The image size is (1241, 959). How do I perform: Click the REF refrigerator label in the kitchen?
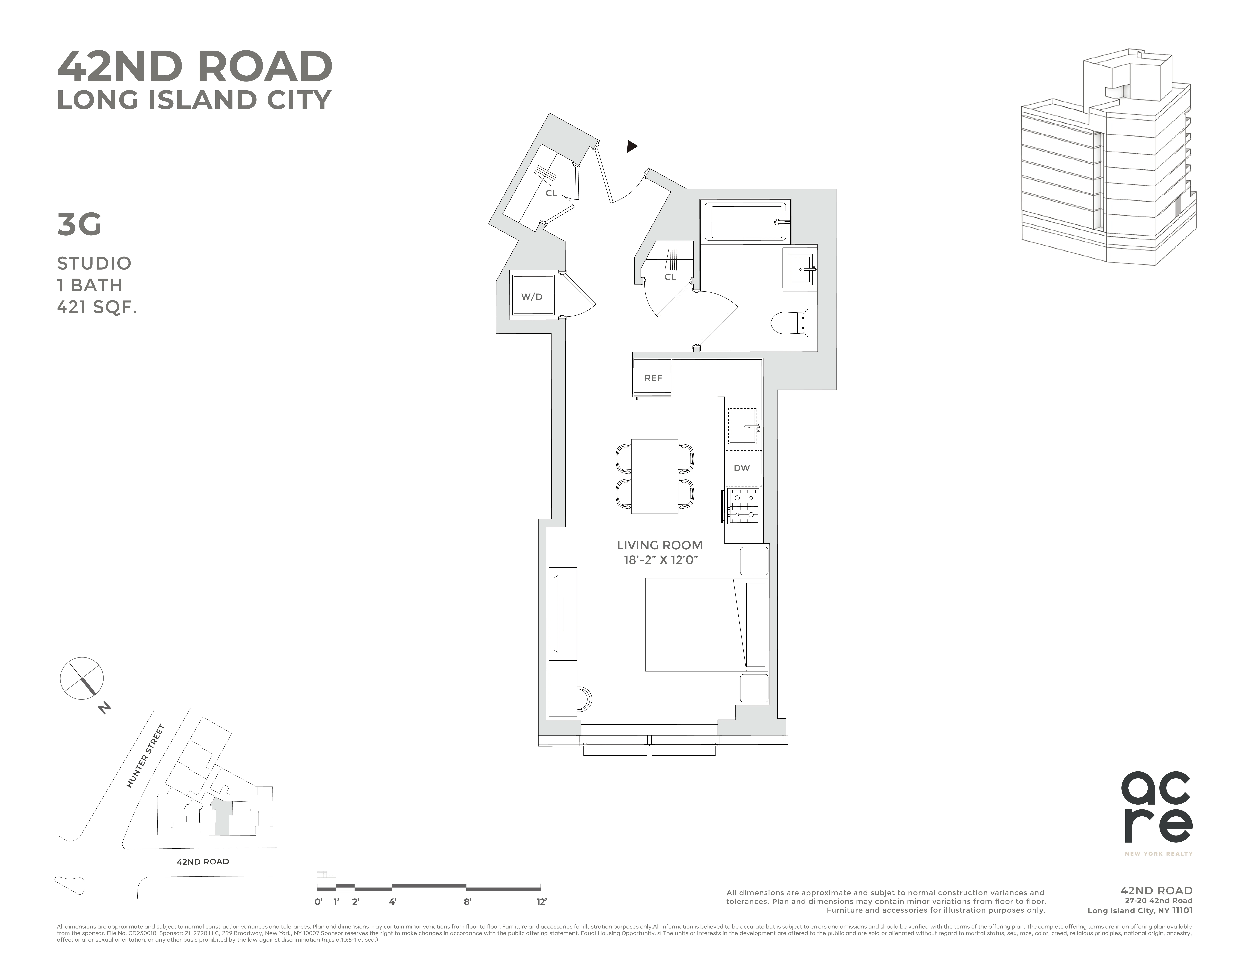(653, 378)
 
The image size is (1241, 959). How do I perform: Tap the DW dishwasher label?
(741, 468)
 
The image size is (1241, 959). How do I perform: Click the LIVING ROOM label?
(660, 545)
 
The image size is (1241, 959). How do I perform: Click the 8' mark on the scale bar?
(467, 902)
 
